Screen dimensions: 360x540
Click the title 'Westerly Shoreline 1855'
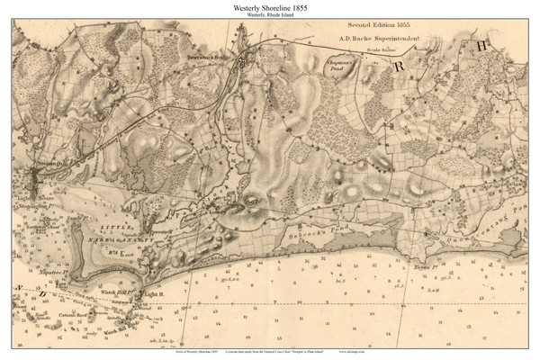click(270, 8)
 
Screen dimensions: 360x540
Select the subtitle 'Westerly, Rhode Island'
click(270, 18)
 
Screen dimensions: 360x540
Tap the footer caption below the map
click(270, 348)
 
